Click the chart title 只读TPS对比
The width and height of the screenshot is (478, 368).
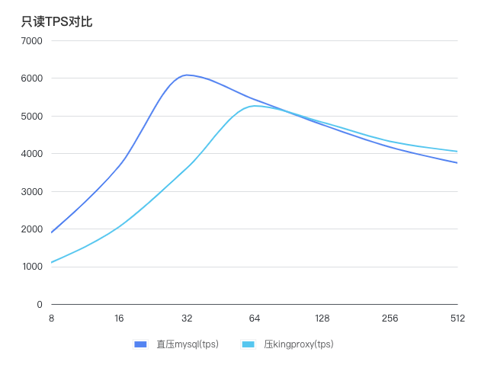56,21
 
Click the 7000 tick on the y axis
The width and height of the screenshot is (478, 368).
31,40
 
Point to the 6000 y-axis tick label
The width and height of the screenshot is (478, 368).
31,78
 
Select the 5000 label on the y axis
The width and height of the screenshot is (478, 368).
31,116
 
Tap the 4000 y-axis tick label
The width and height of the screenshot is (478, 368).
31,154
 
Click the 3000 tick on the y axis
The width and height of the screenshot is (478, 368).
31,191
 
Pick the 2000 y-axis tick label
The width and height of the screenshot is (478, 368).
31,229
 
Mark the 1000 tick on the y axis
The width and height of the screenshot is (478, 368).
31,267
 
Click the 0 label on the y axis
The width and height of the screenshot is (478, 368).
40,305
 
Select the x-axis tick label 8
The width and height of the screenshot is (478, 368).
51,318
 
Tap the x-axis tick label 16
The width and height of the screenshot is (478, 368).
119,318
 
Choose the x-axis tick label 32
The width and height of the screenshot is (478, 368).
187,318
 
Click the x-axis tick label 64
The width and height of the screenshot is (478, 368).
255,318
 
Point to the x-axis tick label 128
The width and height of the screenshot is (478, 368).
322,318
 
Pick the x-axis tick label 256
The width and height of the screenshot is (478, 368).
390,318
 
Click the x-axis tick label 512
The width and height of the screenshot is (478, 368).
457,318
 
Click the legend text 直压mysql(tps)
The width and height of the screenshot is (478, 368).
188,344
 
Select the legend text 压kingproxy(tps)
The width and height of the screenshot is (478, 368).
299,344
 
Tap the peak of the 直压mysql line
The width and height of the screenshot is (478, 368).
186,75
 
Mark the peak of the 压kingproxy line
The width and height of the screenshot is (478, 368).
255,106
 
